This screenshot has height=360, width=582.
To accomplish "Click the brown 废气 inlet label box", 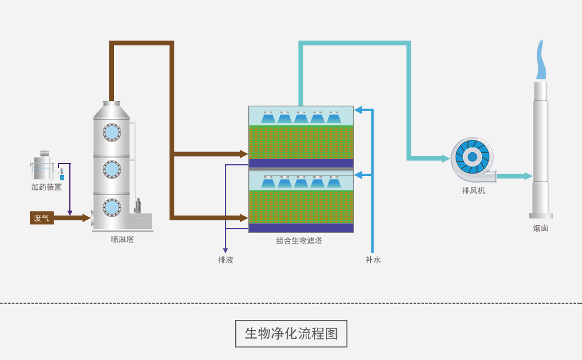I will [x=41, y=218].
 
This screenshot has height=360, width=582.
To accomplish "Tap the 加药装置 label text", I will [x=47, y=187].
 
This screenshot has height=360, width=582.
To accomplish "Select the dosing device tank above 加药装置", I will [x=43, y=167].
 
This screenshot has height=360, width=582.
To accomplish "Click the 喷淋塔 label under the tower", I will [x=122, y=239].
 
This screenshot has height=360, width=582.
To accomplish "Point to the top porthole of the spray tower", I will [x=112, y=132].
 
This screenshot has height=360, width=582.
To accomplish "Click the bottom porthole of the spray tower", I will [x=112, y=207].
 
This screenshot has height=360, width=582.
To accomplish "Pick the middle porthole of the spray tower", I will [x=112, y=169].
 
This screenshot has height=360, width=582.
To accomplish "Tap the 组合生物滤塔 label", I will [x=299, y=241].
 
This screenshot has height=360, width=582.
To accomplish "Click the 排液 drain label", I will [x=226, y=260].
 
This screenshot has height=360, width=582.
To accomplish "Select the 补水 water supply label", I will [x=373, y=260].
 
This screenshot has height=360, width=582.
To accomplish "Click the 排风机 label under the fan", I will [x=473, y=190].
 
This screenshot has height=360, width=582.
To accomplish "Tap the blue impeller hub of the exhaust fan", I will [x=472, y=157].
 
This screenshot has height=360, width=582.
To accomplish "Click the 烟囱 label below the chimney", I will [x=541, y=228].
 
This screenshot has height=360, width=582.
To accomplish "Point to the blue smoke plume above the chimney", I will [x=540, y=60].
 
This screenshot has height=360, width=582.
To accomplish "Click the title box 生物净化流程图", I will [x=291, y=333].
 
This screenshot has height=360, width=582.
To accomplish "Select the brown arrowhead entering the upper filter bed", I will [x=244, y=154].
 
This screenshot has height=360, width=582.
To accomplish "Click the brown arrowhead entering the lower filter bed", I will [x=244, y=218].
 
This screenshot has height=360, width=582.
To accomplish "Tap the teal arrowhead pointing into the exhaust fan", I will [x=445, y=158].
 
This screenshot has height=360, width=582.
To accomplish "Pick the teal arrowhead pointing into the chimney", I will [x=528, y=176].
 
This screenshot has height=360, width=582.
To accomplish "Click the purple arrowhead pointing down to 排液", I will [x=226, y=251].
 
